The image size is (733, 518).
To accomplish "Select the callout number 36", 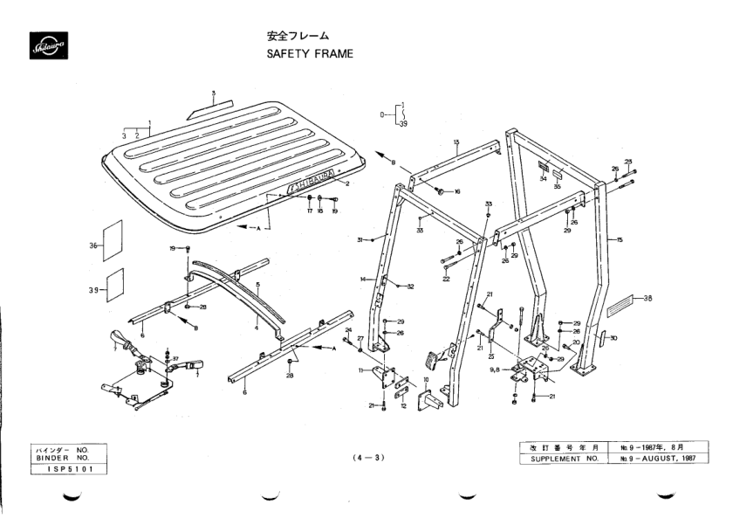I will [x=93, y=247].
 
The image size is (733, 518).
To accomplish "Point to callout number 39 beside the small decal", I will [x=93, y=289].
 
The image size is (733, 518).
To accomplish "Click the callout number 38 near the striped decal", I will [x=647, y=299].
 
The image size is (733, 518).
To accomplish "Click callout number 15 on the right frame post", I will [x=620, y=239].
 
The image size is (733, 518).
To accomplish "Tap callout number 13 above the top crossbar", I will [x=456, y=142].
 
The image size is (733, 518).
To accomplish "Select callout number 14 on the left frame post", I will [x=361, y=279].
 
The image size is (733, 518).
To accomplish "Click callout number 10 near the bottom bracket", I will [x=426, y=379].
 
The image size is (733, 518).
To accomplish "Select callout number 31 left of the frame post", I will [x=360, y=238].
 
